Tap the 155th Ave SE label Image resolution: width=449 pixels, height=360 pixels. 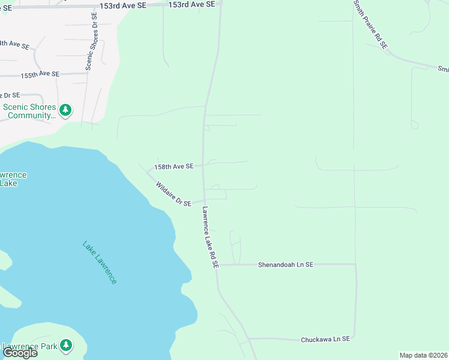tap(40, 75)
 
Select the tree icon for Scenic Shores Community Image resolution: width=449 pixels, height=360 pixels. tap(65, 110)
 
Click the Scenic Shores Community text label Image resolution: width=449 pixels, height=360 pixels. tap(29, 112)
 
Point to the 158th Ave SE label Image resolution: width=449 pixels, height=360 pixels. tap(174, 166)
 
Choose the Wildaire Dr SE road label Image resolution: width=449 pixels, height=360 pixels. tap(173, 194)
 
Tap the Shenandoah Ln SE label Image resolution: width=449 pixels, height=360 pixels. tap(286, 264)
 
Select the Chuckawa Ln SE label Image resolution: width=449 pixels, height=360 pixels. tap(325, 339)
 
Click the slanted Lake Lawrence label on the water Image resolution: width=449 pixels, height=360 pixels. tap(100, 263)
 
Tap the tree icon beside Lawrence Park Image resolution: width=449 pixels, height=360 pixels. tap(65, 346)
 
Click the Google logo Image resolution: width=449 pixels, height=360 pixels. tap(20, 353)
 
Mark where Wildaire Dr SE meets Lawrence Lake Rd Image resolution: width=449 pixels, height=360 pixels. tap(204, 200)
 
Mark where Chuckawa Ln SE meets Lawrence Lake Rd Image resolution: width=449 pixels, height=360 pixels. tap(248, 338)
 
